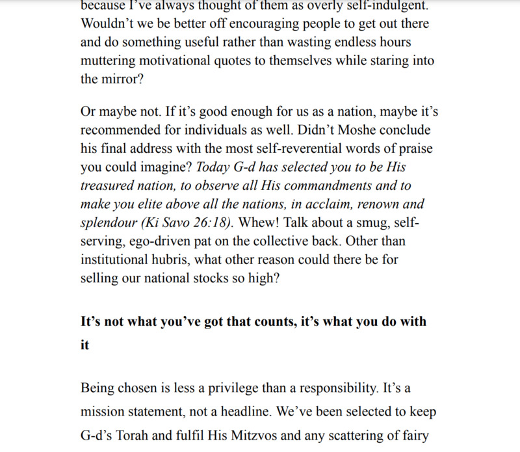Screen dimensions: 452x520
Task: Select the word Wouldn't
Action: pos(110,23)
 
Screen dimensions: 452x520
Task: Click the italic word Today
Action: pos(211,166)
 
